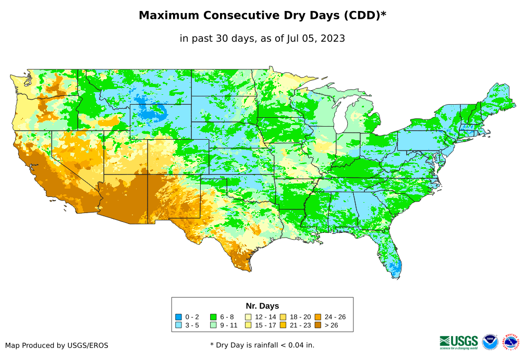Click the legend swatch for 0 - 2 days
(178, 317)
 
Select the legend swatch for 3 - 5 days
(178, 326)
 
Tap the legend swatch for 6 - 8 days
(213, 317)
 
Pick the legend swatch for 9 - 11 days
(213, 326)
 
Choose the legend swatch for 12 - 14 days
(248, 317)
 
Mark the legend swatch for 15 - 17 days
(248, 326)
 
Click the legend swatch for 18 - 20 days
(283, 317)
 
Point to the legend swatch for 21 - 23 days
(283, 326)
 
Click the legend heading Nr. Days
(262, 306)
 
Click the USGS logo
(459, 342)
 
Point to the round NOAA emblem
(490, 342)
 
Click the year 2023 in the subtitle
(332, 39)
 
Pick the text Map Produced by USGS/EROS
(57, 345)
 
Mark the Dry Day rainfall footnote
(262, 345)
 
